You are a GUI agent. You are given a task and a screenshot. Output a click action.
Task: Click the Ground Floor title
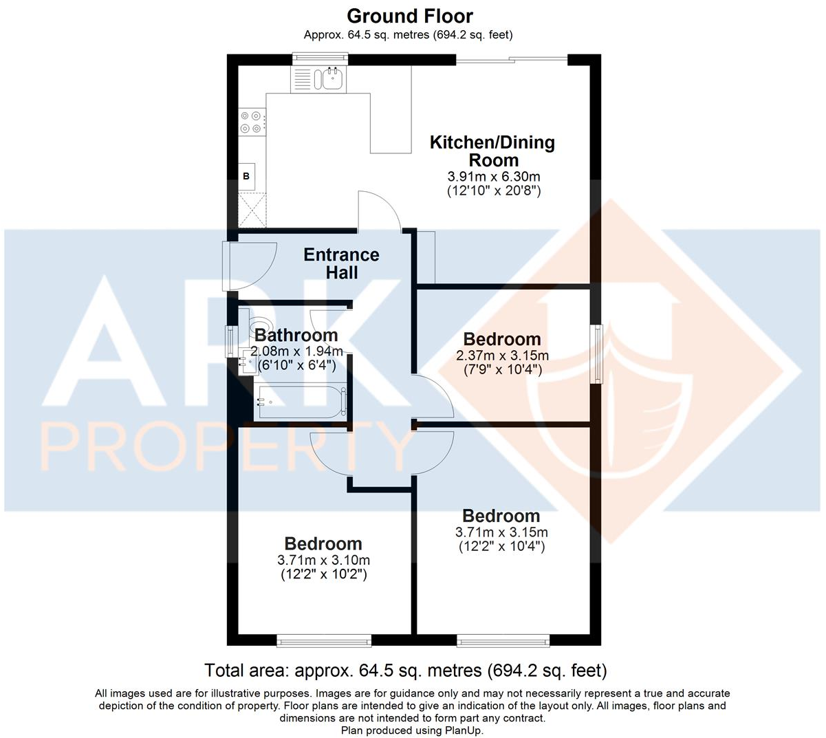tap(410, 16)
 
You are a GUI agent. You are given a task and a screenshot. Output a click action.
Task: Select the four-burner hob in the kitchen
tap(250, 122)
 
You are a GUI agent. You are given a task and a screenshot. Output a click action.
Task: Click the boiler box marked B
tap(246, 176)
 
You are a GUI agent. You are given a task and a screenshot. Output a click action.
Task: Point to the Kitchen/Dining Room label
tap(492, 151)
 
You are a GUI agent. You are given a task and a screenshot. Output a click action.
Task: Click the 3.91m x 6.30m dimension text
tap(492, 176)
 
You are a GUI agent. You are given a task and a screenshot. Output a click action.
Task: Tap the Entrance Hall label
tap(342, 263)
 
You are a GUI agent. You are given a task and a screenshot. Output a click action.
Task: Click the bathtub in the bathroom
tap(300, 401)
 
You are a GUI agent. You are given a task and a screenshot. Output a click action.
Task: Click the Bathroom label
tap(296, 336)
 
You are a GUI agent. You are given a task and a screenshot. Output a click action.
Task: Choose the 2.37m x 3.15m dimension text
tap(502, 356)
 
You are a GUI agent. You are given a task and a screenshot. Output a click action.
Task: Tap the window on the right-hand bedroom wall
tap(597, 354)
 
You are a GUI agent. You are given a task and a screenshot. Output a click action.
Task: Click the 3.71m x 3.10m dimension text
tap(323, 560)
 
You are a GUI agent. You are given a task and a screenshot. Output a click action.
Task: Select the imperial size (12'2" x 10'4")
tap(502, 547)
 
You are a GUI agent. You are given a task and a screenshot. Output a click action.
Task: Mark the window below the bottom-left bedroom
tap(323, 641)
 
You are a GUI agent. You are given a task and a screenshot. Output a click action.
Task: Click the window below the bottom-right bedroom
tap(503, 641)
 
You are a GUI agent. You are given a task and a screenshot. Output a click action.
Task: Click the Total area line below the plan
tap(406, 670)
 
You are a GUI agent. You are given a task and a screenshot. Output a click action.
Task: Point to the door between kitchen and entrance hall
tap(379, 212)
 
